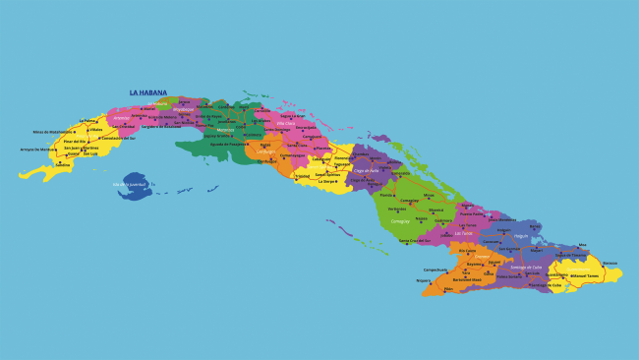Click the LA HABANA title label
(x=147, y=93)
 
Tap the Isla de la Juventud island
(x=133, y=184)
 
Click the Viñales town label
(x=95, y=129)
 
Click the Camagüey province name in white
(x=399, y=220)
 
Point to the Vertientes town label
(x=397, y=209)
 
